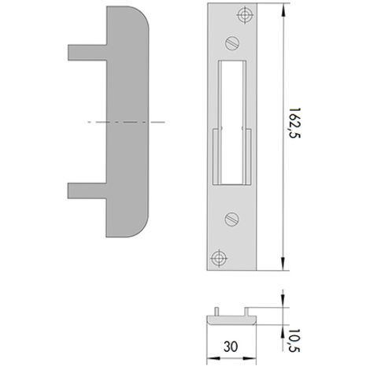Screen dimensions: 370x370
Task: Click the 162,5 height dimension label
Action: [294, 123]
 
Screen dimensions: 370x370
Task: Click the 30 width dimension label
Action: [231, 346]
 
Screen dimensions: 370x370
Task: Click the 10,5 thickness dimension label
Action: [294, 340]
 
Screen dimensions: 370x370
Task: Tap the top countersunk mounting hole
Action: [245, 15]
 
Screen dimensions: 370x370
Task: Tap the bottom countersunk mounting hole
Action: [219, 258]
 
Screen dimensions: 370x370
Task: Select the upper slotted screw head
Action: [232, 43]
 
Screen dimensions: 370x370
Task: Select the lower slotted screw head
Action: [232, 219]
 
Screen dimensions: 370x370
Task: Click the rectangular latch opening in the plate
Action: [232, 123]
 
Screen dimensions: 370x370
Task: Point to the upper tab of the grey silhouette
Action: [87, 53]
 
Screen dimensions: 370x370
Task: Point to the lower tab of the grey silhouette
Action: [87, 191]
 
